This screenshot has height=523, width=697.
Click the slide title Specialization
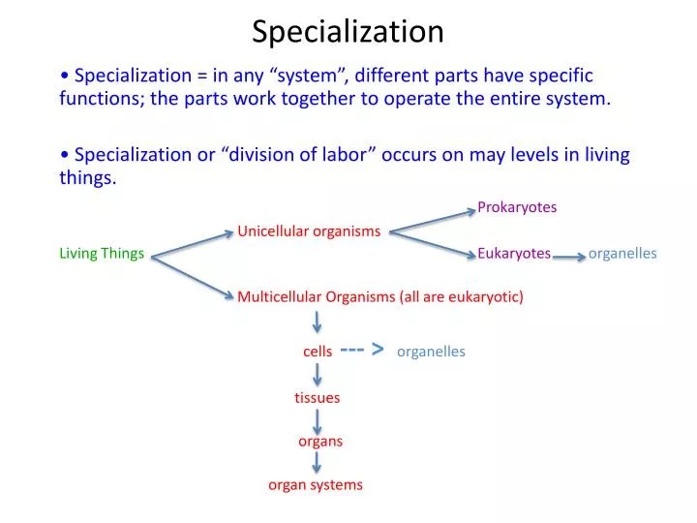tap(348, 32)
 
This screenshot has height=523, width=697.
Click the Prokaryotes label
tap(517, 207)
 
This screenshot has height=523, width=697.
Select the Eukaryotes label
tap(514, 254)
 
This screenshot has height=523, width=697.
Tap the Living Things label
tap(102, 254)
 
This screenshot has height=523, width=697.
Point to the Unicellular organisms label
tap(309, 231)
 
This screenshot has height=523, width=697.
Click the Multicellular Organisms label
tap(380, 296)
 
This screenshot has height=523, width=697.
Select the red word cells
tap(318, 352)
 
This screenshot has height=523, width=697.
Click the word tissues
tap(318, 397)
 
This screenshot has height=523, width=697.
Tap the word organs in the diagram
tap(320, 442)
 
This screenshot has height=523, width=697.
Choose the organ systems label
tap(316, 484)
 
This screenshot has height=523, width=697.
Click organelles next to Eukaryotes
tap(622, 254)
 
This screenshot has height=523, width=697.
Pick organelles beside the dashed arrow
tap(431, 352)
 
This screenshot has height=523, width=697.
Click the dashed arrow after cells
tap(363, 350)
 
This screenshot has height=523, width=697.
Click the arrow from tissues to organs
tap(318, 420)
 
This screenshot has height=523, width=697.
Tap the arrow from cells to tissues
tap(318, 374)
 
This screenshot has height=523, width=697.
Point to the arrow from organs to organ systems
tap(318, 463)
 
